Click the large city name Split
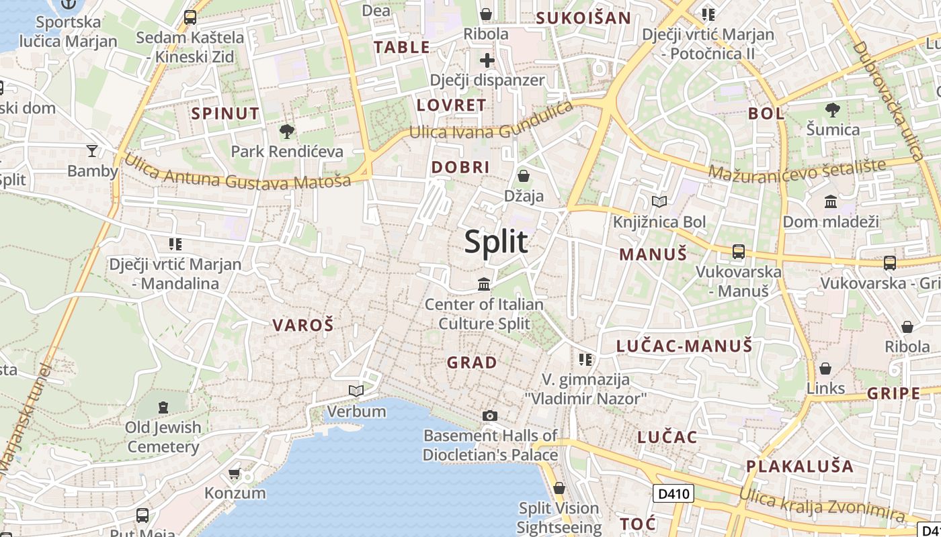point(496,242)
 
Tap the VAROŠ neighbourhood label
point(302,326)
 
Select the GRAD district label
point(472,363)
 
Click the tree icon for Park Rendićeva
point(287,131)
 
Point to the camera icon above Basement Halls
point(490,416)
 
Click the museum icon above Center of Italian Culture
point(484,285)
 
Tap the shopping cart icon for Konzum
point(235,474)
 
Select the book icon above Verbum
point(356,391)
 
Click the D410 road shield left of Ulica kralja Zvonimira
point(673,494)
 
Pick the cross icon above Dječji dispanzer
point(487,61)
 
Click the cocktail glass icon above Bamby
point(92,150)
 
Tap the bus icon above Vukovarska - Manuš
point(738,252)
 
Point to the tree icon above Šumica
point(833,109)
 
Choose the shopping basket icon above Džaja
point(524,176)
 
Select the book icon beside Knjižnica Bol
point(659,201)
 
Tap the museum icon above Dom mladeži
point(831,201)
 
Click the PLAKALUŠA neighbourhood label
point(799,467)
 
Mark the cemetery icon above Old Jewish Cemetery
point(163,407)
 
